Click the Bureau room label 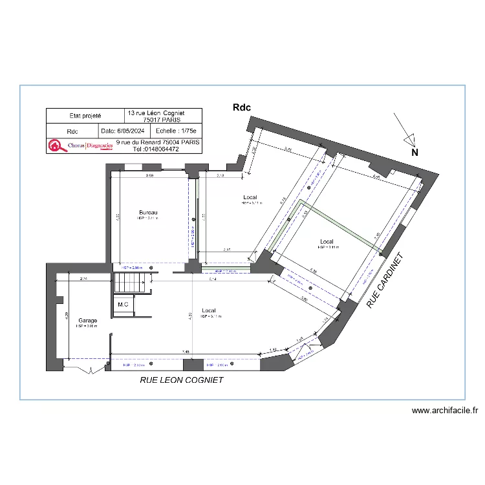pyautogui.click(x=148, y=212)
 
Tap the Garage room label pyautogui.click(x=87, y=320)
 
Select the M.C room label pyautogui.click(x=123, y=304)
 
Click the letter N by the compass pyautogui.click(x=415, y=153)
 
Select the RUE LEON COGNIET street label pyautogui.click(x=182, y=380)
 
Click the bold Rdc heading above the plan pyautogui.click(x=241, y=109)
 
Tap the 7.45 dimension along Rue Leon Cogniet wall pyautogui.click(x=186, y=352)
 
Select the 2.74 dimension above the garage pyautogui.click(x=84, y=279)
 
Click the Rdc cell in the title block pyautogui.click(x=72, y=131)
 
